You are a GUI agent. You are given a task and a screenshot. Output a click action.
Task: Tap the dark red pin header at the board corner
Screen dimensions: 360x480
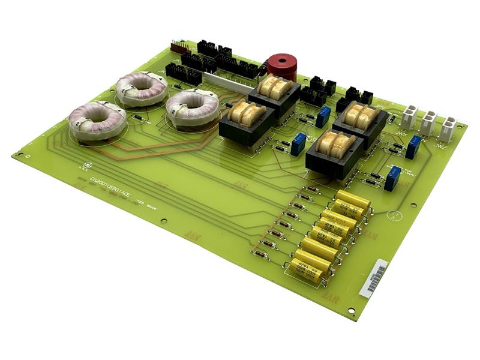point(178,47)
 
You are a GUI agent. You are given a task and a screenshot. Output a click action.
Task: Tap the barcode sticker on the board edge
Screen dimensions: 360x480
point(373,277)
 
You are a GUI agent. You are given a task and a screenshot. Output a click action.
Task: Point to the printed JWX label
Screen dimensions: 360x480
point(401,133)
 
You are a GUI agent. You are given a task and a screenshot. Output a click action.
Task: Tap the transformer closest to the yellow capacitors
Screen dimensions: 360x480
point(334,153)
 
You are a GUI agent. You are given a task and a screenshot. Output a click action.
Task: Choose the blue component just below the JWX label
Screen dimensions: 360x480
point(412,148)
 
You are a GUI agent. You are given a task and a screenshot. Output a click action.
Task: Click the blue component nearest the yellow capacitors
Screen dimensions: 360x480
point(392,179)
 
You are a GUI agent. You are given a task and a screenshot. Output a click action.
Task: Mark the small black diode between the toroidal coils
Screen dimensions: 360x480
point(139,118)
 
